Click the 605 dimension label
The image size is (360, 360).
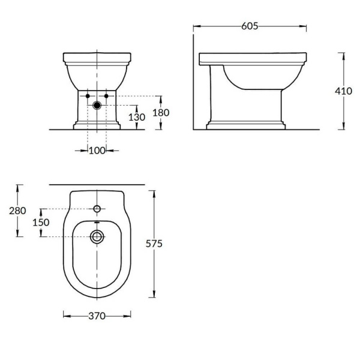pyautogui.click(x=250, y=26)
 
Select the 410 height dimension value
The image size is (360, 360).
pyautogui.click(x=343, y=91)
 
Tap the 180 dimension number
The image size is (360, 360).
pyautogui.click(x=161, y=112)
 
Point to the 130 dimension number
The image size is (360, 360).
pyautogui.click(x=137, y=118)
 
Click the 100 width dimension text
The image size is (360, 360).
pyautogui.click(x=97, y=150)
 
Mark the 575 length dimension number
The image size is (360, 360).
pyautogui.click(x=155, y=244)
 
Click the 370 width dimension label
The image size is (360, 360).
pyautogui.click(x=97, y=316)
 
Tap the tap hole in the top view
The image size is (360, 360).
pyautogui.click(x=97, y=209)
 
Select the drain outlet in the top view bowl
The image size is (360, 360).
pyautogui.click(x=97, y=236)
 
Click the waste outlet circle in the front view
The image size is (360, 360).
pyautogui.click(x=97, y=106)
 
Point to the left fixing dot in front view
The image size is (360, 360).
pyautogui.click(x=88, y=96)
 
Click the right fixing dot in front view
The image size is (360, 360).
pyautogui.click(x=106, y=96)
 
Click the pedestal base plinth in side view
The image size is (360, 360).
pyautogui.click(x=245, y=126)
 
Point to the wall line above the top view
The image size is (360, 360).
pyautogui.click(x=97, y=184)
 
